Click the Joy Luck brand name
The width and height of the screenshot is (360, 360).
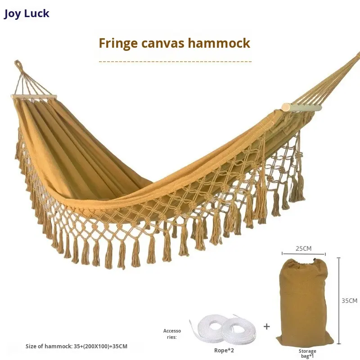click(x=27, y=13)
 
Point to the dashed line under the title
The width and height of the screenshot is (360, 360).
click(x=175, y=60)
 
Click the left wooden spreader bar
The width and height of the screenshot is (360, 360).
click(x=34, y=97)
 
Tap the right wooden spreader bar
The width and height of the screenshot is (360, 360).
click(x=301, y=108)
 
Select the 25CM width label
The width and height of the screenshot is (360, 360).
click(x=303, y=247)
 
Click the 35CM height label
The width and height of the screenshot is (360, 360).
click(x=349, y=301)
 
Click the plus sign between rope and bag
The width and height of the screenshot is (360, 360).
click(x=267, y=326)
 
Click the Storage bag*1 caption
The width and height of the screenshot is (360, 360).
click(x=307, y=353)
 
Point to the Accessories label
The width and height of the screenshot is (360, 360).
click(x=171, y=334)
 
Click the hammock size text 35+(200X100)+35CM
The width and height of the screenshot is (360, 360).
click(x=76, y=346)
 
